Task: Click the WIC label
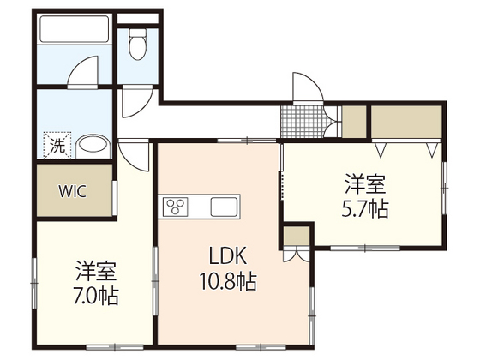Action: [73, 190]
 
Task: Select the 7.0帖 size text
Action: [95, 297]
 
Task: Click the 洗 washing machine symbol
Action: [56, 145]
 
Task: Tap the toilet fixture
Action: [138, 45]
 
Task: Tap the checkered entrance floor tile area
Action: [299, 122]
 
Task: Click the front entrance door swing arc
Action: [307, 88]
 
